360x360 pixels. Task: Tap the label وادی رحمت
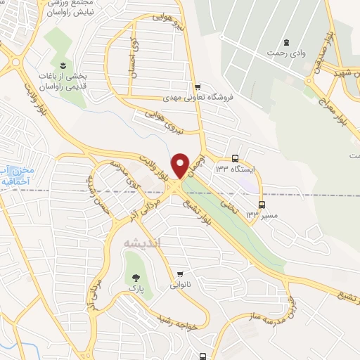[x=286, y=53]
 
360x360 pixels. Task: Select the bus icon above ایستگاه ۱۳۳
[x=236, y=158]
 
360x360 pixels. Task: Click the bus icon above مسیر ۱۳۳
[x=262, y=205]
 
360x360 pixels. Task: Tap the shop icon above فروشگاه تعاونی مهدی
[x=197, y=86]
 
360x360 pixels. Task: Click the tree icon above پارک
[x=131, y=276]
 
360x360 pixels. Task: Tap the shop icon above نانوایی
[x=181, y=274]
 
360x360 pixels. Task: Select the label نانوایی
[x=178, y=285]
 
